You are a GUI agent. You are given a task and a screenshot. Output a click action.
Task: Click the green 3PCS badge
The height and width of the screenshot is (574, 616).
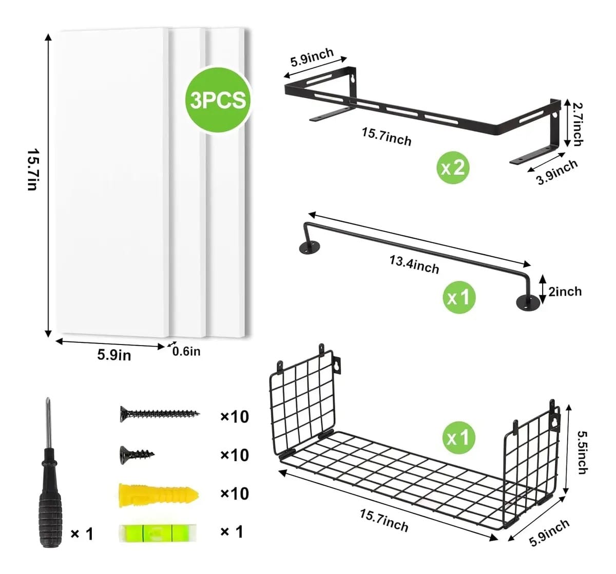(x=218, y=100)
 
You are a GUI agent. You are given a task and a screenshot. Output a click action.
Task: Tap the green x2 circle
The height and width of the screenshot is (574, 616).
(x=453, y=167)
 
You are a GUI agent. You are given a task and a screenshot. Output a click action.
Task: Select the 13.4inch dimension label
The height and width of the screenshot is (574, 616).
(x=414, y=264)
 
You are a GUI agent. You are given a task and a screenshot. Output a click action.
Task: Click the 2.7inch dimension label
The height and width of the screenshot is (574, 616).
(x=577, y=124)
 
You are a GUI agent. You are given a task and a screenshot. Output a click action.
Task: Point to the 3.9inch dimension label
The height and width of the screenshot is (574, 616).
(x=557, y=172)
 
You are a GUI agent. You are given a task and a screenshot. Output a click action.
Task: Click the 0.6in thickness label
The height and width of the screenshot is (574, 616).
(x=186, y=352)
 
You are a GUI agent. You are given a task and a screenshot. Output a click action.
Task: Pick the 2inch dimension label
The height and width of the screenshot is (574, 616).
(x=565, y=292)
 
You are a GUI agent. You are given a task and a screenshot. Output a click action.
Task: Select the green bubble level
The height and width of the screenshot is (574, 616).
(x=158, y=533)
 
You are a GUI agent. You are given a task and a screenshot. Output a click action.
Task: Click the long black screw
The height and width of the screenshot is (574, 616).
(x=160, y=414)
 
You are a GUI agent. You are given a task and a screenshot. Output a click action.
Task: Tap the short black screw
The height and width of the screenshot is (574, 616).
(x=137, y=455)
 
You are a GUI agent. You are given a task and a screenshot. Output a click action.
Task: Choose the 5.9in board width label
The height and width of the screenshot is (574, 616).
(x=114, y=355)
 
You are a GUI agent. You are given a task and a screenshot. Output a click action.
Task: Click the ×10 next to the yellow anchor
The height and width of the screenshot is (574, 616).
(x=235, y=493)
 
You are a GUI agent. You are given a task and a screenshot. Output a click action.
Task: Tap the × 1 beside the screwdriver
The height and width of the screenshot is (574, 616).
(x=82, y=534)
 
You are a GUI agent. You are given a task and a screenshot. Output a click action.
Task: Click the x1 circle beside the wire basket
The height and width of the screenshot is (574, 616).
(x=459, y=438)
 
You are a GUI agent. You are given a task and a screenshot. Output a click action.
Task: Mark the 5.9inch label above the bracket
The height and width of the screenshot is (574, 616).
(x=312, y=58)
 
